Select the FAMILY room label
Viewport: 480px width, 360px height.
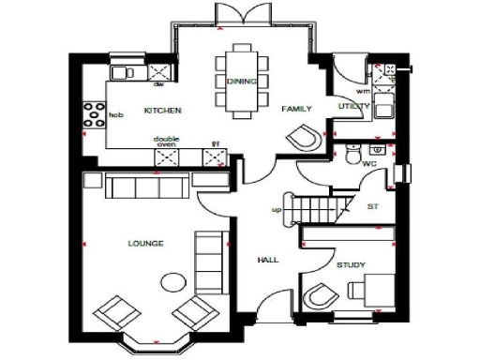(296, 109)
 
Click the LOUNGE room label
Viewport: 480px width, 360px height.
(145, 244)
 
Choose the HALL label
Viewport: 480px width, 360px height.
(268, 260)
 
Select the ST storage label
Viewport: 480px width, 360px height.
(372, 206)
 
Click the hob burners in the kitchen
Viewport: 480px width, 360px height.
(95, 114)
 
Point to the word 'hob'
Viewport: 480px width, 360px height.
(116, 115)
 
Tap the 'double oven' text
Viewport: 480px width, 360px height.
(167, 142)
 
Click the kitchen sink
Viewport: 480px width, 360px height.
(123, 72)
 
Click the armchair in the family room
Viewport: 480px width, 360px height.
(304, 140)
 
